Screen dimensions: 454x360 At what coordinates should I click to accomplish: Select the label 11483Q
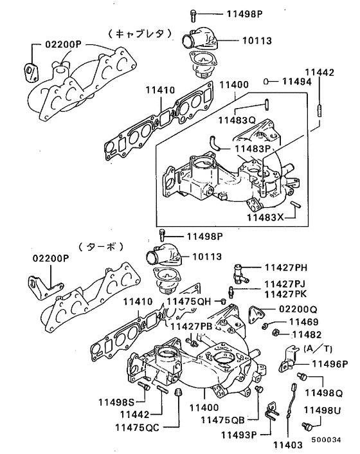(x=236, y=120)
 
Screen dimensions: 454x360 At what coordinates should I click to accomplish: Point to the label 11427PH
(x=286, y=268)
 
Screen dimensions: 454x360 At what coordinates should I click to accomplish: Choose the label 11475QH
(x=189, y=301)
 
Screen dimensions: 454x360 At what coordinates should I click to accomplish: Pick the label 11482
(x=307, y=334)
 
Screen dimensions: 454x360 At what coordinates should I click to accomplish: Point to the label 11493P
(x=239, y=435)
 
